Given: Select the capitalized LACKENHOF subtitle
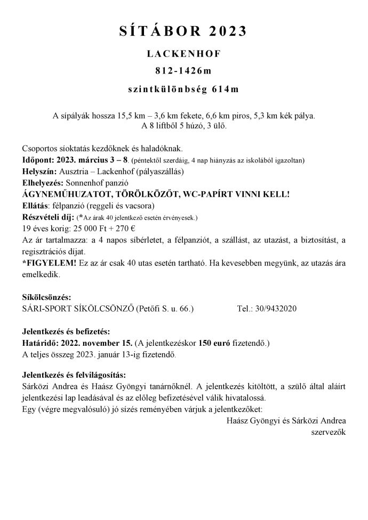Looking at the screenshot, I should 183,55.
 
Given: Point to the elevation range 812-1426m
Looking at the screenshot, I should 183,72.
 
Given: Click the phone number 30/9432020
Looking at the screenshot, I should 278,309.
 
